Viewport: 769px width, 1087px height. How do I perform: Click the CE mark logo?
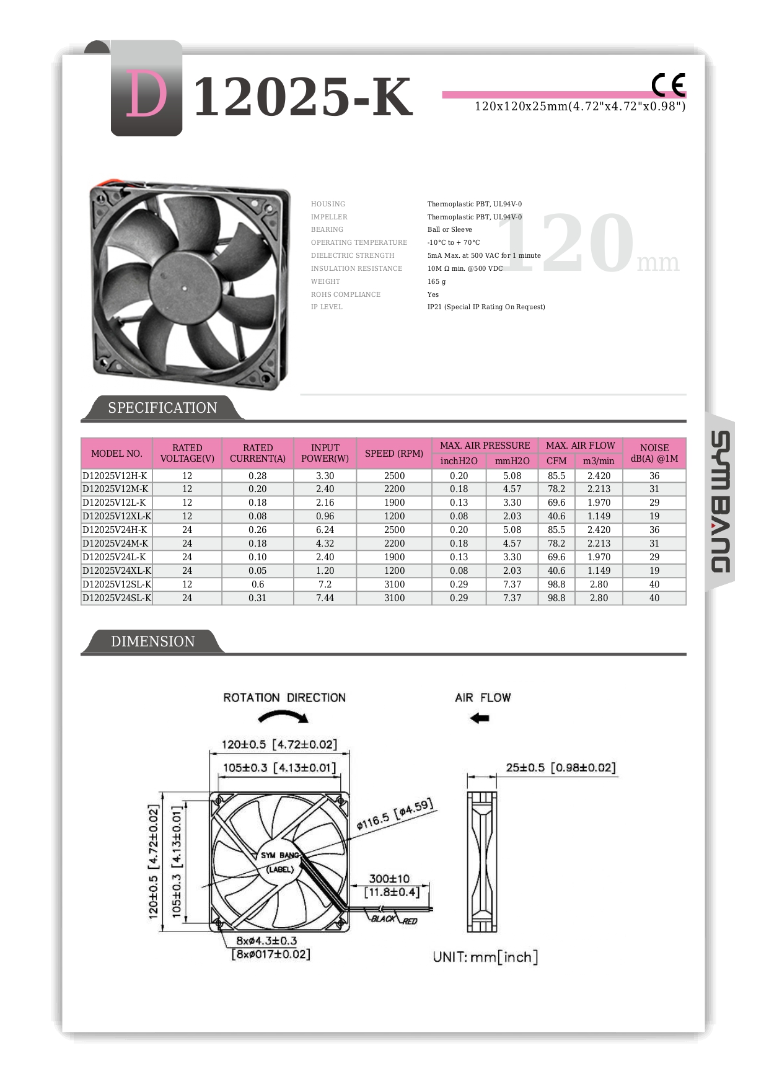coord(668,85)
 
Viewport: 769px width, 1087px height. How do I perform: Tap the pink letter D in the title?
coord(147,94)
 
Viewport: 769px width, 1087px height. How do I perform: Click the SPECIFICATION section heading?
coord(162,408)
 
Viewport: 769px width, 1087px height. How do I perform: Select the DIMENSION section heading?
coord(152,641)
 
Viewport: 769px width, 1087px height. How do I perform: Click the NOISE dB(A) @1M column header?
coord(654,453)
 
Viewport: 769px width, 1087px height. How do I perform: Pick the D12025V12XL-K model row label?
coord(116,516)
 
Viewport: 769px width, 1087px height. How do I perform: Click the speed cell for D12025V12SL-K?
coord(394,584)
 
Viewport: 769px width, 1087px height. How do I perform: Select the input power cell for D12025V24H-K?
coord(325,530)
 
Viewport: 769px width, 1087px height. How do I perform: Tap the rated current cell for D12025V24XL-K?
coord(257,571)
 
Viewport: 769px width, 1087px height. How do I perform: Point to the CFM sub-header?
coord(556,461)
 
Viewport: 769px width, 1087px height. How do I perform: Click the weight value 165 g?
coord(436,281)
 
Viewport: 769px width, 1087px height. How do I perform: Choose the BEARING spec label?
coord(327,229)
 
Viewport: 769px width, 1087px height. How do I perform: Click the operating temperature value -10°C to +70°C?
coord(453,242)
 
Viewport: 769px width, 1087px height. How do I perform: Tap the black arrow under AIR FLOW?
coord(480,718)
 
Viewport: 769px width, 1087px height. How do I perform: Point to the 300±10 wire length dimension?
coord(389,879)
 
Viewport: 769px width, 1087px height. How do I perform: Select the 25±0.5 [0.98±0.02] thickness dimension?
coord(560,768)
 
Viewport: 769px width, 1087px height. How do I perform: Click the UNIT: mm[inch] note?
coord(485,957)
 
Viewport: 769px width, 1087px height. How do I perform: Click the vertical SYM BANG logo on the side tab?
coord(720,501)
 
